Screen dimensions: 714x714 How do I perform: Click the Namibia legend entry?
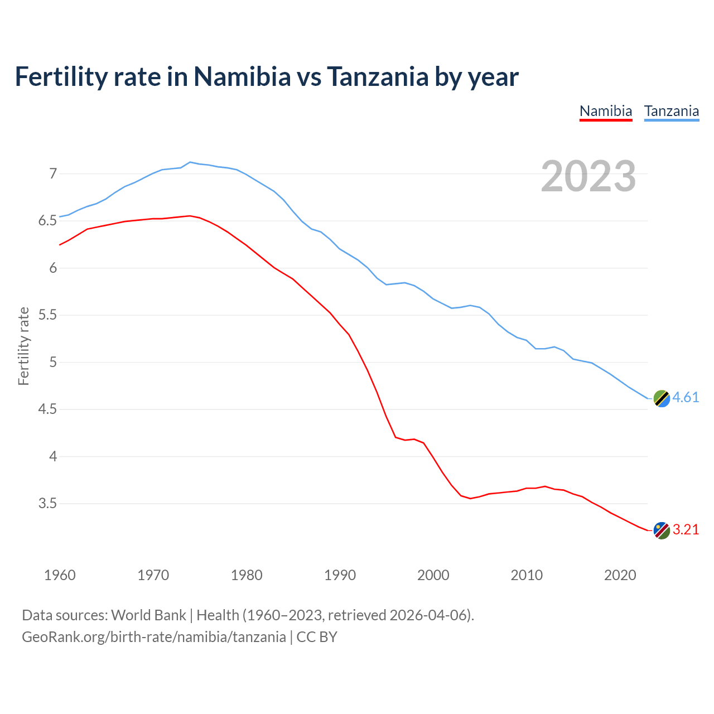click(x=606, y=111)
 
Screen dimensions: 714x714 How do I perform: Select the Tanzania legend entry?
click(x=672, y=111)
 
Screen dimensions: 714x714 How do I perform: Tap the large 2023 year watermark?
click(x=588, y=176)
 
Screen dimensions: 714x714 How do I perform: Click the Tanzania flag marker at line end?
click(x=662, y=398)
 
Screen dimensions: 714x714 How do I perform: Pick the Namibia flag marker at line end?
click(x=662, y=530)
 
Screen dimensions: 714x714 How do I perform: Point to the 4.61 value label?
click(x=686, y=397)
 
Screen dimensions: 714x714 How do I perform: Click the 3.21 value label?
click(x=686, y=529)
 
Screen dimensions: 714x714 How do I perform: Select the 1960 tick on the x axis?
click(x=60, y=575)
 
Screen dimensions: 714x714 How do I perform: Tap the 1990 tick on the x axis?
click(x=340, y=575)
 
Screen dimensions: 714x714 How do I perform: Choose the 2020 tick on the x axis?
click(x=620, y=575)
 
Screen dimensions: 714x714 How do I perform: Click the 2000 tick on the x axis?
click(x=433, y=575)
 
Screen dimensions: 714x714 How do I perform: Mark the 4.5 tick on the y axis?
click(x=48, y=409)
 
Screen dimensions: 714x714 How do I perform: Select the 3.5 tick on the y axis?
click(x=48, y=504)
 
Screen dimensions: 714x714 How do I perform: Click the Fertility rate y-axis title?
click(x=23, y=346)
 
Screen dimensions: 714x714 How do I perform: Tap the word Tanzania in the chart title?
click(x=377, y=76)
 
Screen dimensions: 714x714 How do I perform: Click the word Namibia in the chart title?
click(x=242, y=76)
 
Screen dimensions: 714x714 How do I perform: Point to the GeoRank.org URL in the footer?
click(x=153, y=637)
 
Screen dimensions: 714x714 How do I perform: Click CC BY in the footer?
click(x=317, y=637)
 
